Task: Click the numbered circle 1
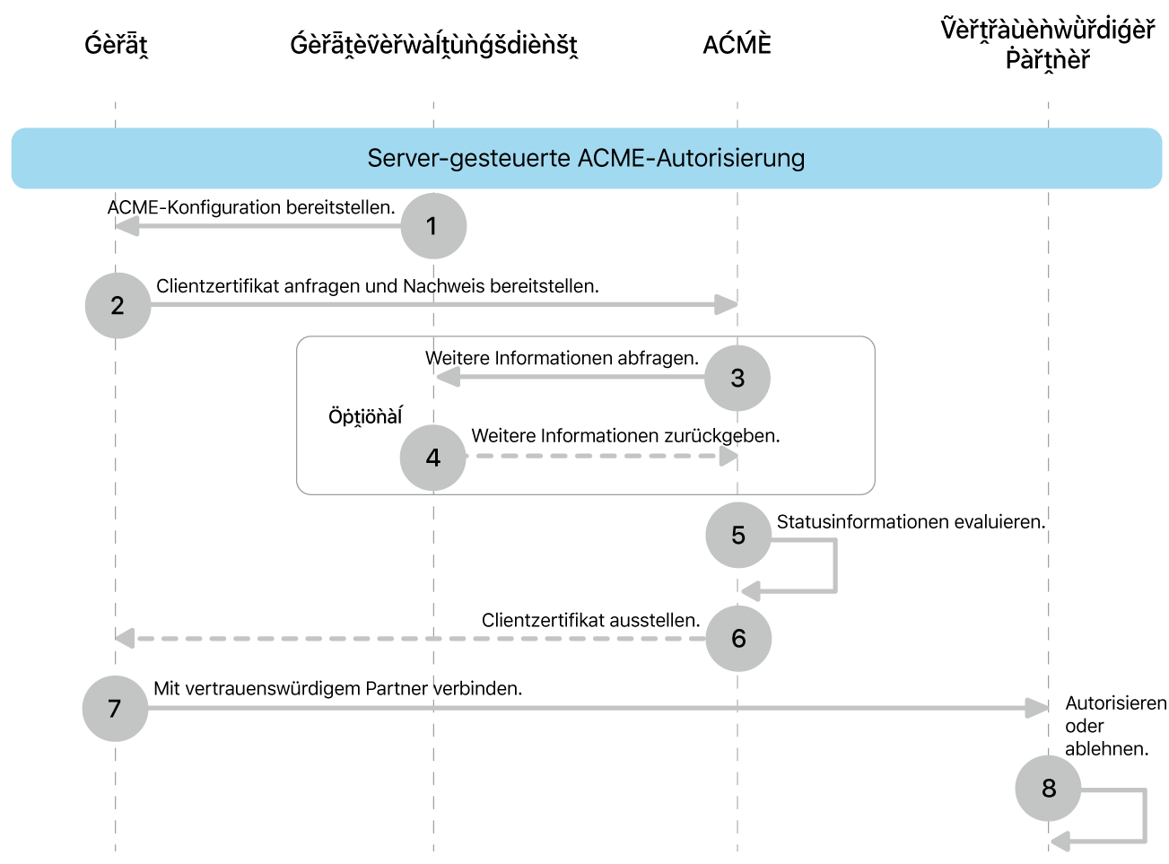coord(433,226)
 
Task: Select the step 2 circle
coord(118,306)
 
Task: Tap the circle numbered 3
coord(737,378)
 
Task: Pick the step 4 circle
coord(433,458)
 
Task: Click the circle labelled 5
coord(738,536)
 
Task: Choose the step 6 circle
coord(738,639)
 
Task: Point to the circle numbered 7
coord(115,709)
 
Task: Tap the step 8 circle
coord(1048,789)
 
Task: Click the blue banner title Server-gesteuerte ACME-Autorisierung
coord(586,159)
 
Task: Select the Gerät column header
coord(116,44)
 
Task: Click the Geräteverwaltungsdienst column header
coord(433,44)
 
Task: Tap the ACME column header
coord(737,44)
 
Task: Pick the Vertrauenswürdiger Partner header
coord(1047,44)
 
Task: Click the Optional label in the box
coord(365,416)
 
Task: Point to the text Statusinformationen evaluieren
coord(911,522)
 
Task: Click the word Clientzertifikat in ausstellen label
coord(533,621)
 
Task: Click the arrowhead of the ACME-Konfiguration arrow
coord(127,226)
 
